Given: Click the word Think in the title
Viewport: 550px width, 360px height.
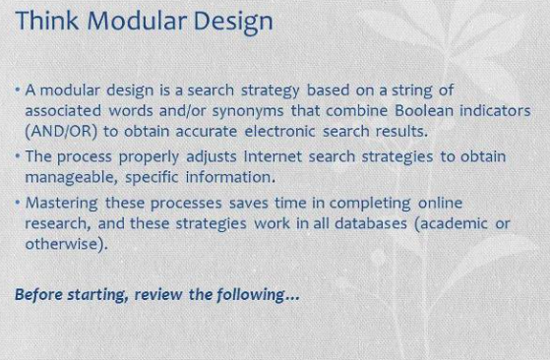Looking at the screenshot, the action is click(47, 21).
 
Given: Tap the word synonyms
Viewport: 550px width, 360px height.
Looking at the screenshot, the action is click(248, 112).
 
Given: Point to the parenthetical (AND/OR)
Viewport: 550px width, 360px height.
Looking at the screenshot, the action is click(61, 132).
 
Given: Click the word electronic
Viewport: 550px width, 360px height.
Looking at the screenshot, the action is click(279, 132).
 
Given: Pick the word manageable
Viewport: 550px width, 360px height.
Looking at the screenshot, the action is click(71, 178).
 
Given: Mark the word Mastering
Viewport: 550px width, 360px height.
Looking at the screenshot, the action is click(62, 204).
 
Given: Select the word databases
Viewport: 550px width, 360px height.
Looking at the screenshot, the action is click(371, 223).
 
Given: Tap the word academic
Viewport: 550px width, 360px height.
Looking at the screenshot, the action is click(451, 223).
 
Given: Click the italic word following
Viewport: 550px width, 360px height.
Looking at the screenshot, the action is click(250, 295).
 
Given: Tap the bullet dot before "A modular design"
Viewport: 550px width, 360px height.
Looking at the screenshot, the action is click(18, 90).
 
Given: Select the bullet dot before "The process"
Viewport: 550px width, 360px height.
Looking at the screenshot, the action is click(18, 156).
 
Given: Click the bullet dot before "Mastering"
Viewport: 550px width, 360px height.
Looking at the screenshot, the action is click(18, 203).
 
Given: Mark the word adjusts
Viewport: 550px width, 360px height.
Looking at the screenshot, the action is click(212, 157).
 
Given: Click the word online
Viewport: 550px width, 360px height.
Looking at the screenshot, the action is click(440, 204).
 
